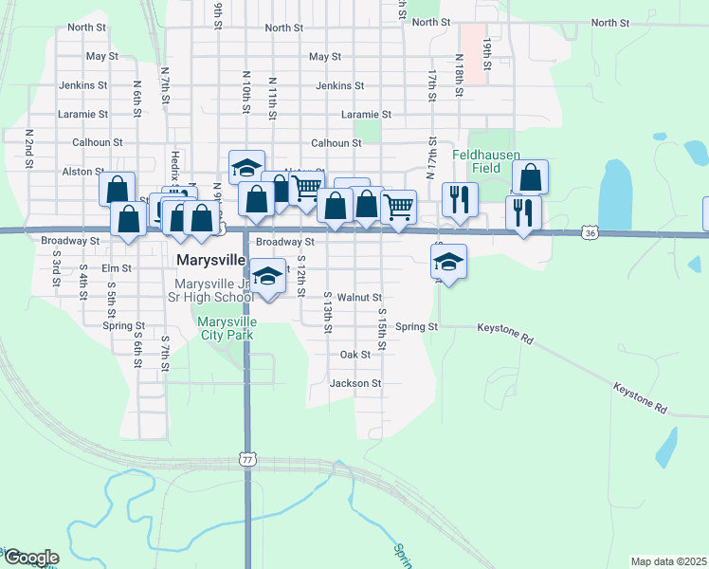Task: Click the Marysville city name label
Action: point(211,260)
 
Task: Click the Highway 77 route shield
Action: point(246,459)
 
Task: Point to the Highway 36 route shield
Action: point(591,232)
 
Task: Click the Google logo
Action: point(31,558)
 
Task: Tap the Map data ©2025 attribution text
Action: point(668,561)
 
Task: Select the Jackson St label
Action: point(355,384)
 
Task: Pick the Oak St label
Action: point(355,355)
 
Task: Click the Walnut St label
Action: point(358,298)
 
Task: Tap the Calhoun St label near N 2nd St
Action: point(98,143)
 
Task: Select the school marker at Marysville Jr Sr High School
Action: point(268,275)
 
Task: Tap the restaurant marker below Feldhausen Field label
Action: point(460,199)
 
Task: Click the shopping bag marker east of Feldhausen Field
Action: point(531,175)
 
